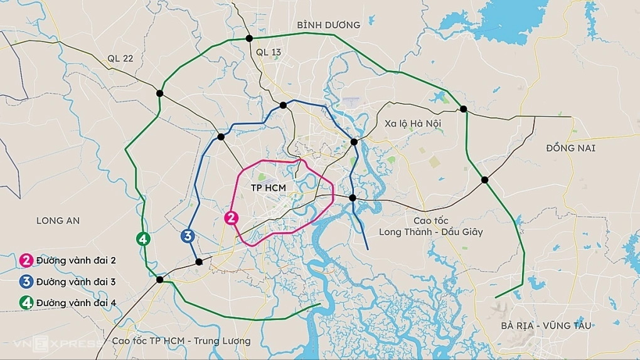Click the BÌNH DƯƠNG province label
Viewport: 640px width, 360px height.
[x=329, y=25]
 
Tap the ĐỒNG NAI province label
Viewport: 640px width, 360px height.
[x=570, y=148]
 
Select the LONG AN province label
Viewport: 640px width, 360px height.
[x=58, y=221]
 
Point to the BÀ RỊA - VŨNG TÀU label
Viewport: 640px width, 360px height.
[x=546, y=326]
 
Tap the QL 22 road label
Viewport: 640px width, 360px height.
[x=120, y=58]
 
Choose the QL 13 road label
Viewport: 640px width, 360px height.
[x=269, y=53]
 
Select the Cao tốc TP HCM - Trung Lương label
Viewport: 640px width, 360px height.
[x=181, y=341]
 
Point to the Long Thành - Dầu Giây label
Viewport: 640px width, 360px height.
[x=430, y=232]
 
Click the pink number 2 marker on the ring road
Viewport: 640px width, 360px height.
[x=232, y=218]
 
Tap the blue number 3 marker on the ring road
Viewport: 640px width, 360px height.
[x=186, y=236]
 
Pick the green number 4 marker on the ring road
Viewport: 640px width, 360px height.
[x=143, y=238]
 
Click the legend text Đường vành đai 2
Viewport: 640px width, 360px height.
[x=76, y=260]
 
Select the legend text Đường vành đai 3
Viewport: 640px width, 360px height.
[x=76, y=282]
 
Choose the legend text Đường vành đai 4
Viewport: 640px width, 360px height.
[x=76, y=303]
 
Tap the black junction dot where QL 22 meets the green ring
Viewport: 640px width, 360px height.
[x=159, y=93]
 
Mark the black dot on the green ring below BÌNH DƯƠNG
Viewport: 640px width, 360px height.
[x=249, y=39]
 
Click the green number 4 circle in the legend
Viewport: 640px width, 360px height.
[x=26, y=303]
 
